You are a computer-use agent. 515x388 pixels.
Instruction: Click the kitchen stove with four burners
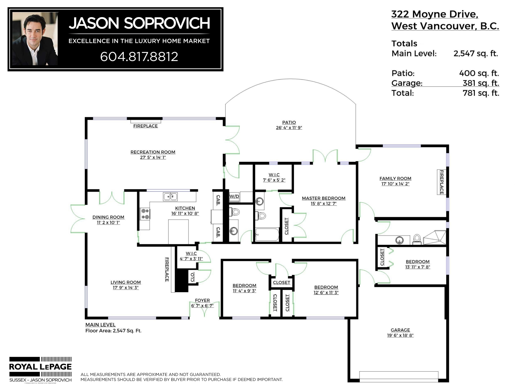click(145, 214)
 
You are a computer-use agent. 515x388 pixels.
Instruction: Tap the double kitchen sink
click(170, 196)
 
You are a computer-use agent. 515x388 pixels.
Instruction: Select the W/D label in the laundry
click(234, 196)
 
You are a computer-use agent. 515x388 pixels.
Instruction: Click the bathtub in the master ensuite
click(267, 235)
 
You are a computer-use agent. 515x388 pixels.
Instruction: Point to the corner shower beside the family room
click(434, 238)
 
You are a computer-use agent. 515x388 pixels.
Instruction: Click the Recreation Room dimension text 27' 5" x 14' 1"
click(153, 157)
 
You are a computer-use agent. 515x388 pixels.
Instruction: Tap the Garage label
click(400, 330)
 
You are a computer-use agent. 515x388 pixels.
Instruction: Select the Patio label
click(289, 122)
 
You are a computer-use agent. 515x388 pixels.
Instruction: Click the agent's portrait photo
click(35, 39)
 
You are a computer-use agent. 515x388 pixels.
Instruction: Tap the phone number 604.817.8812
click(139, 57)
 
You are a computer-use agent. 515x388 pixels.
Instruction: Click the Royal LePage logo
click(40, 370)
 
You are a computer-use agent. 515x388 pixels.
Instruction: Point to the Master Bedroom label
click(324, 198)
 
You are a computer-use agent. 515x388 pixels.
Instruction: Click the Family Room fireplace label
click(442, 182)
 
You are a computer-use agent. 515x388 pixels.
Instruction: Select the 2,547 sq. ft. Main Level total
click(475, 54)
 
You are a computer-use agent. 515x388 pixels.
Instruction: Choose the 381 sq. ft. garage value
click(481, 83)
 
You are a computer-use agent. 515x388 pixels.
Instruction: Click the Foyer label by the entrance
click(202, 301)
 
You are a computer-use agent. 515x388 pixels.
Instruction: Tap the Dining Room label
click(108, 217)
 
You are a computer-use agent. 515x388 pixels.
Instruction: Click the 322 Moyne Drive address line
click(435, 14)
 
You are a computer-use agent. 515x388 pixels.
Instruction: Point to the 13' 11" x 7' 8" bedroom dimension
click(417, 267)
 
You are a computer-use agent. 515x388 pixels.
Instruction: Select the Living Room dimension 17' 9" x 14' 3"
click(125, 288)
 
